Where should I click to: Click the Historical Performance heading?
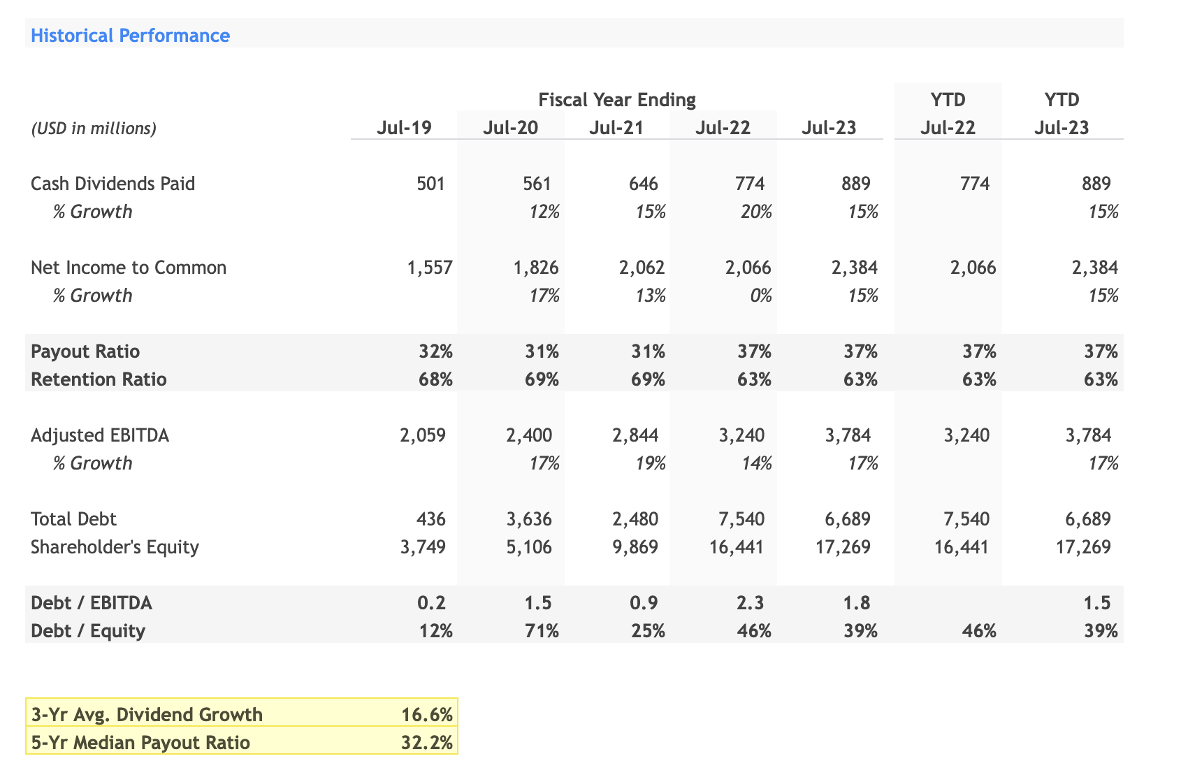tap(130, 36)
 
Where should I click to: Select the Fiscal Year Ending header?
tap(617, 100)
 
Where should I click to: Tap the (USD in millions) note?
tap(94, 129)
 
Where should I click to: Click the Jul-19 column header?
tap(404, 129)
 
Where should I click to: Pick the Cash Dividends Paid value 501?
tap(430, 184)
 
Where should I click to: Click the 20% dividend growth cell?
tap(756, 212)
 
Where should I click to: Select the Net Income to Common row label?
tap(129, 268)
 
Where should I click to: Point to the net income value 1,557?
tap(429, 268)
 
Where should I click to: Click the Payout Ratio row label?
tap(85, 351)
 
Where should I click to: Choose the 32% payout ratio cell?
tap(435, 351)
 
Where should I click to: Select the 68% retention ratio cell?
tap(435, 379)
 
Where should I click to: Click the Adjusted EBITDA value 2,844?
tap(635, 435)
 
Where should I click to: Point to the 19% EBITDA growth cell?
tap(650, 463)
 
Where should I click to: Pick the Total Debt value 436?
tap(430, 519)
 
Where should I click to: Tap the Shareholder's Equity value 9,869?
tap(635, 546)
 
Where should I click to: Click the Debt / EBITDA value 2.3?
tap(750, 603)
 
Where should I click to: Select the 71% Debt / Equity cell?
tap(542, 631)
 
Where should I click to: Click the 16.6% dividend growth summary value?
tap(427, 715)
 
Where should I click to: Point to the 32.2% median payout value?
tap(427, 742)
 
